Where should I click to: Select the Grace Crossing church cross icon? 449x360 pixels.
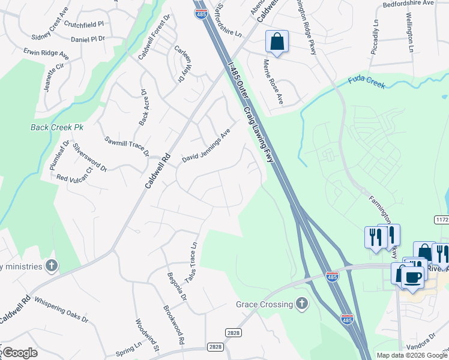[x=302, y=304]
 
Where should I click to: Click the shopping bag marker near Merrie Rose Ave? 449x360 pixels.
[x=277, y=42]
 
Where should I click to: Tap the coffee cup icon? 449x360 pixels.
[x=412, y=277]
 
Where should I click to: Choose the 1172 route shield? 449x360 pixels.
[x=442, y=220]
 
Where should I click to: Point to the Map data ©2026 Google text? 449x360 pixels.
[x=412, y=355]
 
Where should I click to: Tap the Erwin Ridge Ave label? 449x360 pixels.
[x=46, y=55]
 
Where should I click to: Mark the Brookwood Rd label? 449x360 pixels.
[x=173, y=325]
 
